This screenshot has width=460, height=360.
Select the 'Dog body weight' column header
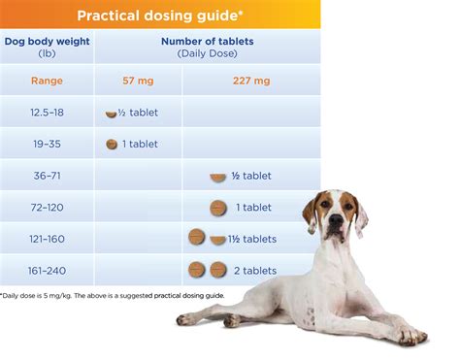47,42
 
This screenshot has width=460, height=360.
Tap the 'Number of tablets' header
208,42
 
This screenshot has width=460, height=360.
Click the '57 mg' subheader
138,81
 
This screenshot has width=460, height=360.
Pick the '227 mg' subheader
251,81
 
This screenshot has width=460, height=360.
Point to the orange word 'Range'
47,81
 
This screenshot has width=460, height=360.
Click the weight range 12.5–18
47,113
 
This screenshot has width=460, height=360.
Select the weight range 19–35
47,144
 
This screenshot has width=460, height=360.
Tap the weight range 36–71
47,176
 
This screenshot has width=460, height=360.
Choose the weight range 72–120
47,208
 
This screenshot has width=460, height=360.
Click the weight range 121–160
47,239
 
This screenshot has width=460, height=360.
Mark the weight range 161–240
47,271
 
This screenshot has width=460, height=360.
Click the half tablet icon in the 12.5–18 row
111,115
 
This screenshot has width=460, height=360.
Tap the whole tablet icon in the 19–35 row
112,145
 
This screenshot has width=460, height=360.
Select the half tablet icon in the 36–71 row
218,178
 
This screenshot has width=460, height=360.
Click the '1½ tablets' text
252,239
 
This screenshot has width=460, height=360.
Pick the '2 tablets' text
255,271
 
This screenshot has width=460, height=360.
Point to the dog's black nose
336,220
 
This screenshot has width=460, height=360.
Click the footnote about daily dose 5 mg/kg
112,296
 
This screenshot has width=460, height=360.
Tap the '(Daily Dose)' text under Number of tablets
208,53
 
